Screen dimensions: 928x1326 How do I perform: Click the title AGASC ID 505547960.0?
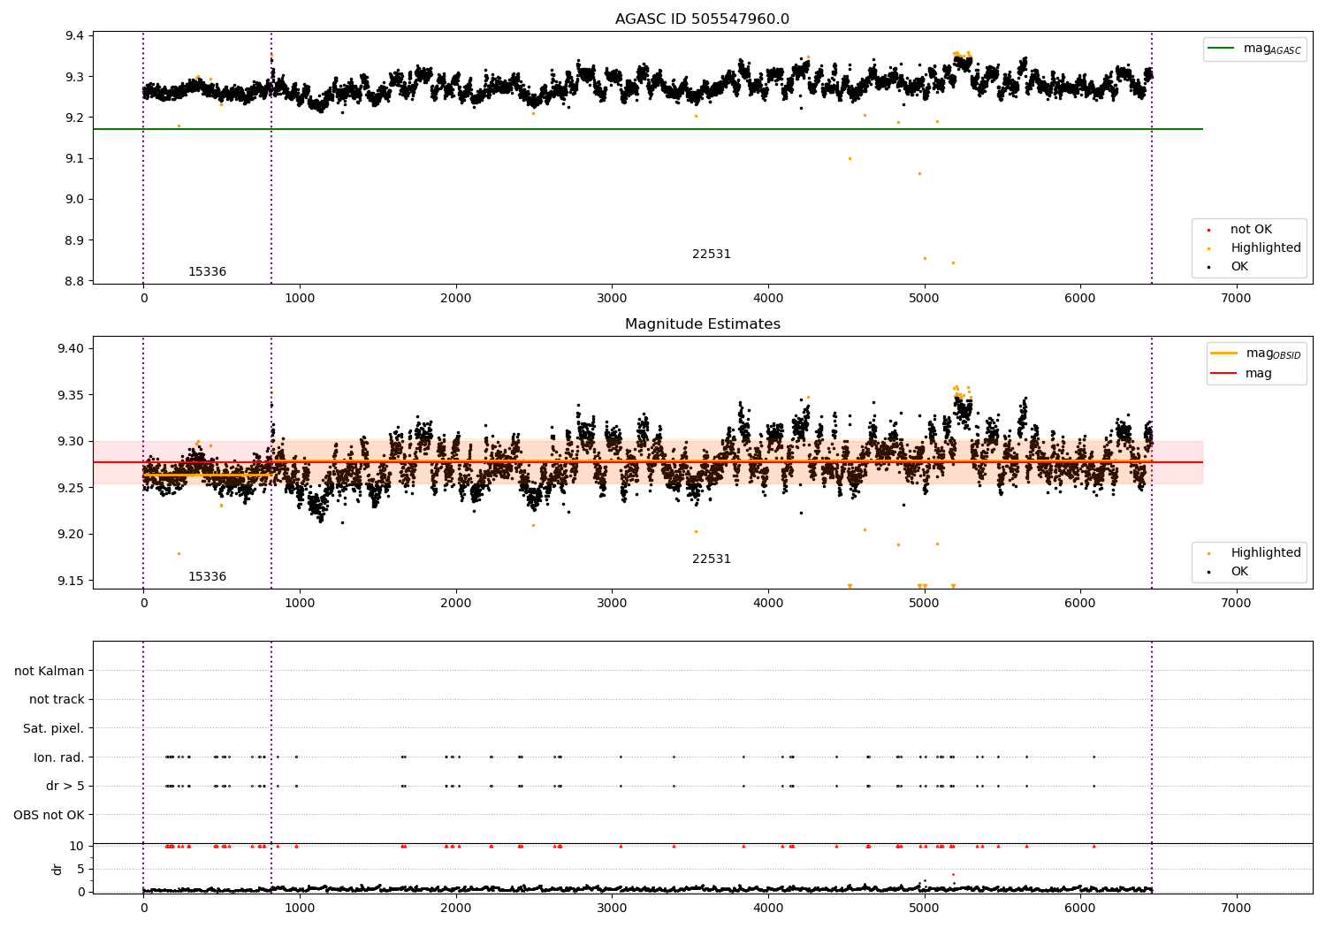tap(702, 19)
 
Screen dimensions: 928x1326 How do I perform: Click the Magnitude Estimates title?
tap(702, 324)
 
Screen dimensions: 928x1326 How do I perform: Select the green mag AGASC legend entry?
tap(1255, 49)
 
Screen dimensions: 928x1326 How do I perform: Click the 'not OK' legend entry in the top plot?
tap(1250, 230)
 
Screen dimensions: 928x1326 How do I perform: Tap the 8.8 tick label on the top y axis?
tap(72, 281)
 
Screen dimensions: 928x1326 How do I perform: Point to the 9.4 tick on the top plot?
tap(72, 36)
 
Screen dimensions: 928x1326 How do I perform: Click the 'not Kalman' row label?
tap(50, 671)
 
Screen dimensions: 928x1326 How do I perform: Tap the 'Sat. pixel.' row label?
tap(53, 728)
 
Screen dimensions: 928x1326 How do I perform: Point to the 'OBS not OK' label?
tap(49, 815)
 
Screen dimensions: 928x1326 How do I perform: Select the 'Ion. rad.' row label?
tap(58, 757)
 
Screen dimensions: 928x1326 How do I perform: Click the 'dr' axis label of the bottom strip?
tap(57, 869)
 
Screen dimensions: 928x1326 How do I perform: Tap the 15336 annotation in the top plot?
tap(207, 272)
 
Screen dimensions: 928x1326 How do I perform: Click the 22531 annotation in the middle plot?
tap(711, 559)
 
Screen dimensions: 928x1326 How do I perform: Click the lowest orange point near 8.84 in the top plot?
tap(953, 262)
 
